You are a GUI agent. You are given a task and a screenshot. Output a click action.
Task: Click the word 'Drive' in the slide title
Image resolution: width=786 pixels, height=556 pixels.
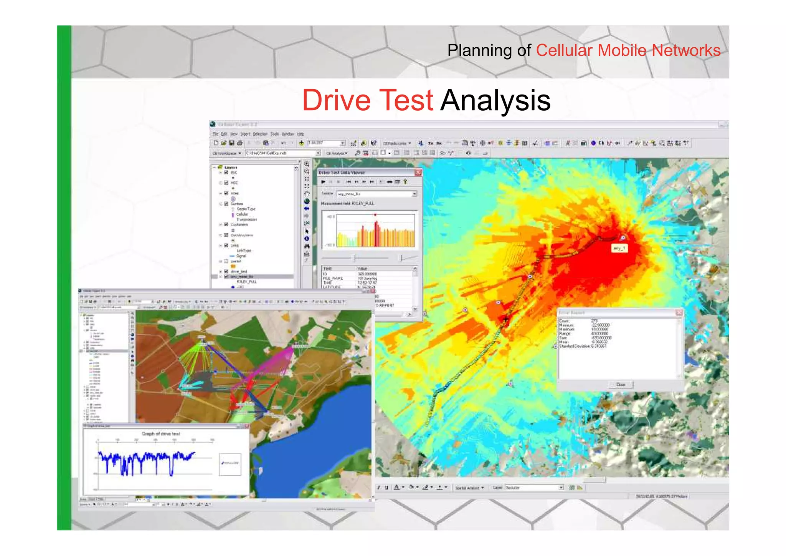click(x=336, y=100)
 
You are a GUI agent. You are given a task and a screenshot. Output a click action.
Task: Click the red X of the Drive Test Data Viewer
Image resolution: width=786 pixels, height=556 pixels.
click(x=418, y=173)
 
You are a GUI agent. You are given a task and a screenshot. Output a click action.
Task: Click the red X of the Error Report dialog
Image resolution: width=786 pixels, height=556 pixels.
click(x=679, y=313)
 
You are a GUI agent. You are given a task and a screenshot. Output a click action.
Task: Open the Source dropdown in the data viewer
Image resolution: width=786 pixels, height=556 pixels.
click(x=414, y=194)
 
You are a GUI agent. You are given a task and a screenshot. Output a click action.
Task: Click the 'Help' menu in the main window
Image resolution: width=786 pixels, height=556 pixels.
click(x=301, y=134)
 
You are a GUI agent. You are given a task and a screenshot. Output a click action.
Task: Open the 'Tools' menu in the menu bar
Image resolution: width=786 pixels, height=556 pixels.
click(x=274, y=134)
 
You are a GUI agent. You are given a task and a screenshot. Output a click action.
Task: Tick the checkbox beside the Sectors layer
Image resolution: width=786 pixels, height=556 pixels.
click(x=226, y=204)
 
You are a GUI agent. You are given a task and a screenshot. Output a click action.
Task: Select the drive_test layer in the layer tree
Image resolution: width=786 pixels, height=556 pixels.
click(x=238, y=272)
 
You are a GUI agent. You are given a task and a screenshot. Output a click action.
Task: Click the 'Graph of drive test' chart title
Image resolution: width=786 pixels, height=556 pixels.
click(x=161, y=434)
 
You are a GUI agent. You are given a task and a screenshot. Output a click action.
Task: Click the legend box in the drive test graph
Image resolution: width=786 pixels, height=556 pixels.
click(x=230, y=464)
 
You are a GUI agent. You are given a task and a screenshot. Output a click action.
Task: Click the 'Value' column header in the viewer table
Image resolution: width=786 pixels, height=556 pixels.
click(x=362, y=268)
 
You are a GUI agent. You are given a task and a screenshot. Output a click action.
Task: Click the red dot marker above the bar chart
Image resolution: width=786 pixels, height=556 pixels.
click(x=375, y=215)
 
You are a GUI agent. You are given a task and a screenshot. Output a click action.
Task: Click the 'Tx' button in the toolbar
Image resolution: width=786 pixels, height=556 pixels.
click(x=431, y=143)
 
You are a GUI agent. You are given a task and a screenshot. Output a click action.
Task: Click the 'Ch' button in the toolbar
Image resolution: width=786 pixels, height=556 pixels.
click(x=601, y=143)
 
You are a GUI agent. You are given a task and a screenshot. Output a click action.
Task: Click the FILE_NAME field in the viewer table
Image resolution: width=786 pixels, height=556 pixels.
click(x=333, y=278)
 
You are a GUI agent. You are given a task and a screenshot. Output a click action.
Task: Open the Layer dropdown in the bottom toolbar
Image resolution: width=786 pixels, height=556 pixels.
click(x=561, y=488)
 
